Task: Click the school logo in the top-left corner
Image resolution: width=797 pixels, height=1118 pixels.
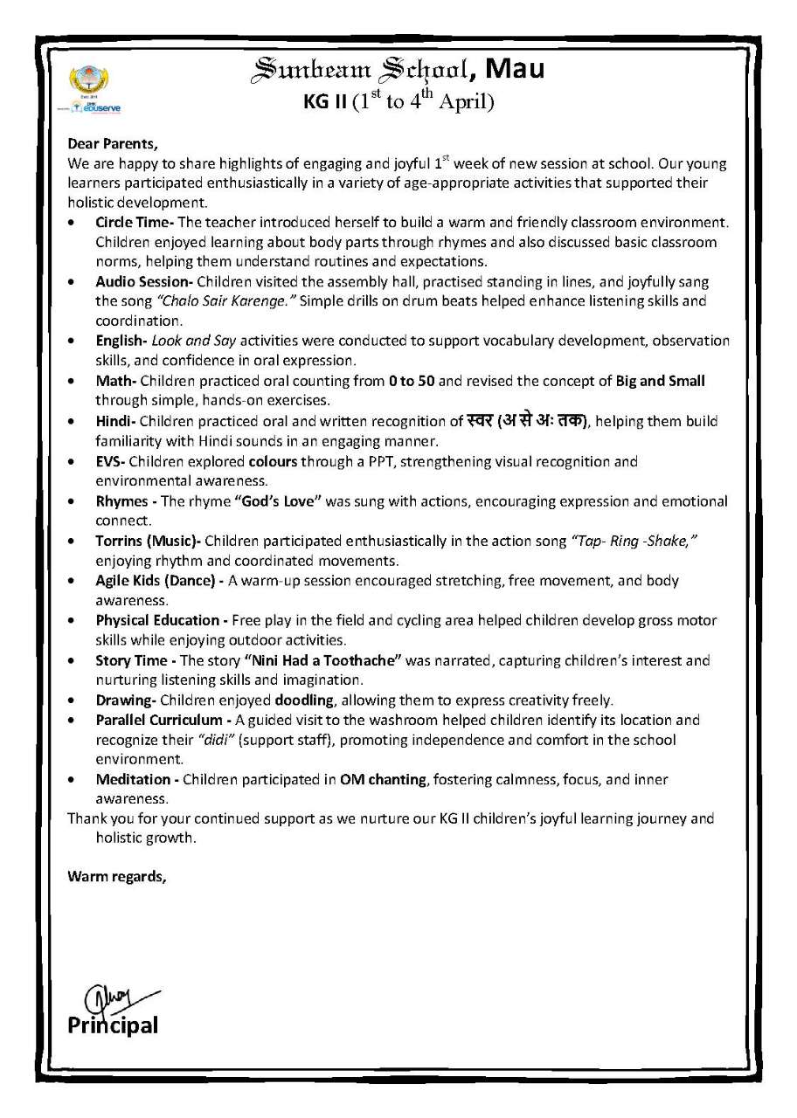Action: pos(91,86)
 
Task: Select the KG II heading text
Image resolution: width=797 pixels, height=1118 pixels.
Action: pos(324,101)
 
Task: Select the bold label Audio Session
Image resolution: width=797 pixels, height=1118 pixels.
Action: pos(144,282)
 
